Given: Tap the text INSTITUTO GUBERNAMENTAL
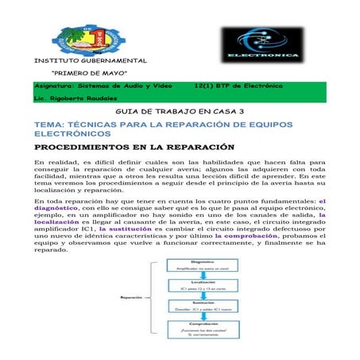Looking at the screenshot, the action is coord(90,61).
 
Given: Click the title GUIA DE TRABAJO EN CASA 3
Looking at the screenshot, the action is coord(180,114).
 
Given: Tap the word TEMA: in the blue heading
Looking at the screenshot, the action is coord(49,126).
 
